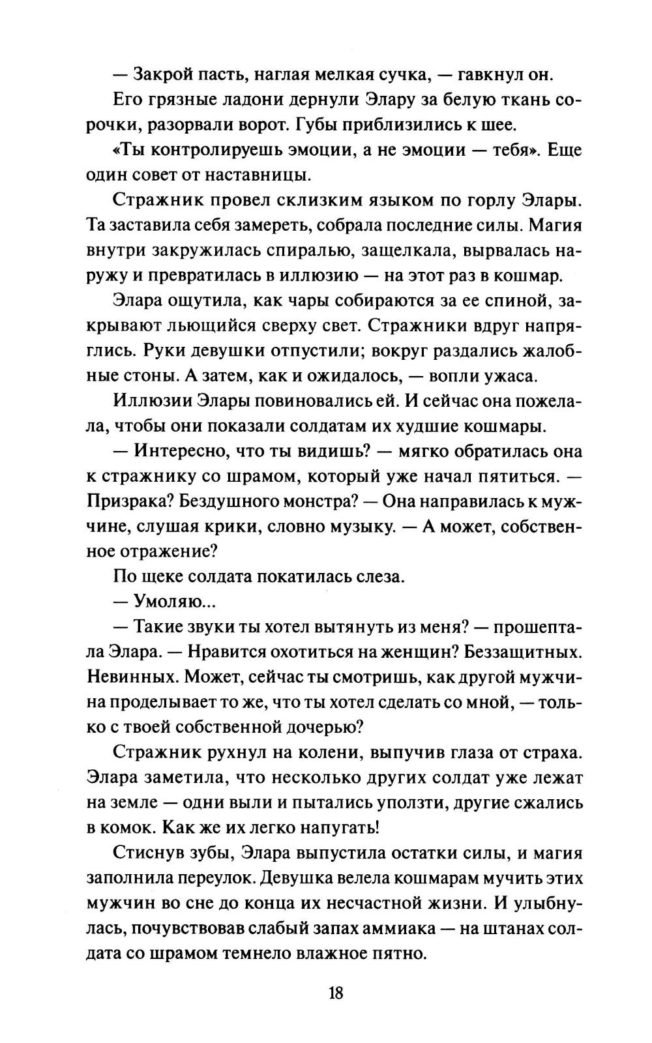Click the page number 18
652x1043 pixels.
pyautogui.click(x=336, y=993)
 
